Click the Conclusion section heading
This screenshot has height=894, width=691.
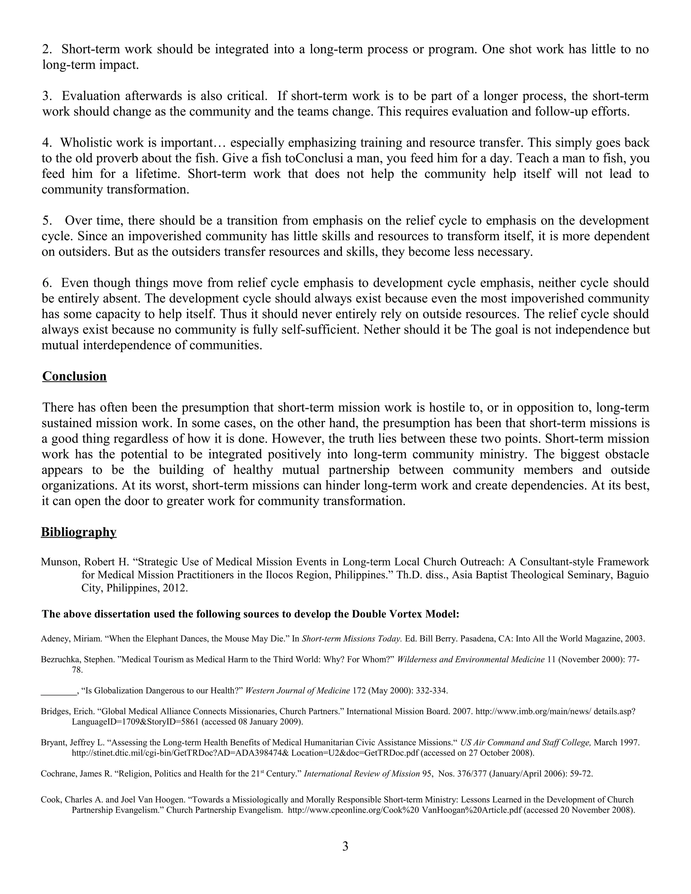click(x=74, y=376)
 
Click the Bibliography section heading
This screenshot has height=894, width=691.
click(x=79, y=532)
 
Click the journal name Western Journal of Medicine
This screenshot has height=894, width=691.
click(x=298, y=691)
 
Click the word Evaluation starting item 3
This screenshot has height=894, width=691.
click(x=91, y=96)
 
